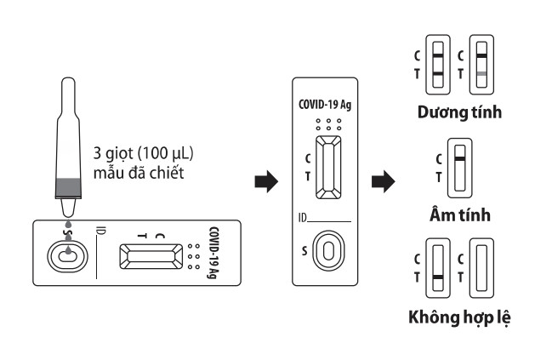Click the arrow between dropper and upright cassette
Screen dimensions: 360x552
coord(265,181)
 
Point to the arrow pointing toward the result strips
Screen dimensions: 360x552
coord(384,181)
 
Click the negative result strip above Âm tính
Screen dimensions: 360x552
coord(459,169)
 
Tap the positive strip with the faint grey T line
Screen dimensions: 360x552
coord(481,66)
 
